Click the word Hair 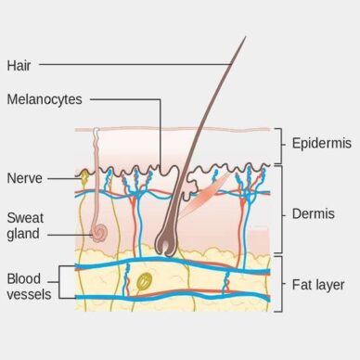click(x=19, y=65)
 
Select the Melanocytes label click(x=42, y=98)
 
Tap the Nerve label click(x=22, y=177)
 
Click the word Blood click(x=24, y=277)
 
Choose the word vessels click(x=29, y=294)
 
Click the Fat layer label click(x=318, y=284)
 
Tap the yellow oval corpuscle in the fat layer click(x=144, y=280)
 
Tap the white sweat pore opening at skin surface click(x=95, y=130)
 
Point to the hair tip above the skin click(x=244, y=39)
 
